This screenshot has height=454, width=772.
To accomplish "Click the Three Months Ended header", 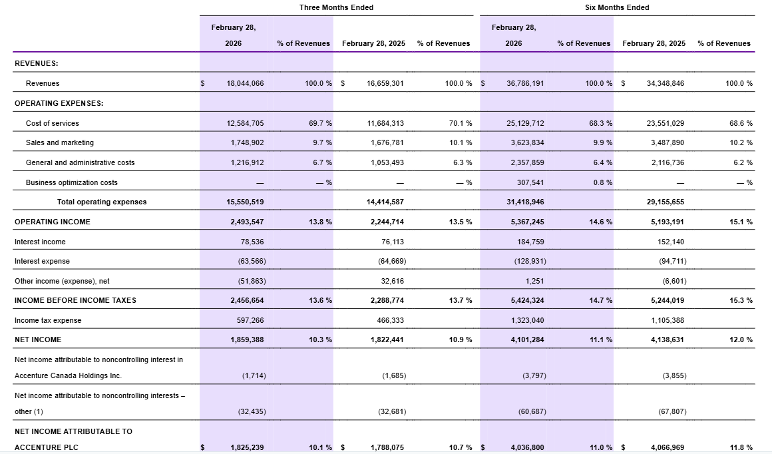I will [336, 7].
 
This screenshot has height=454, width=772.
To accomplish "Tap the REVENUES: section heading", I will [37, 63].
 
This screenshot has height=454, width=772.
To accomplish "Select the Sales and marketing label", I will [60, 142].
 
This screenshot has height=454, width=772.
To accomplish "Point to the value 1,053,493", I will [385, 162].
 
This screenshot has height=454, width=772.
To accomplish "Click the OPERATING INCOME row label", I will [53, 222].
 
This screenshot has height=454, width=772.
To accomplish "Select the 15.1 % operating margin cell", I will [741, 222].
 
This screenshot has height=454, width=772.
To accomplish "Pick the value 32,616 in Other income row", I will [391, 281].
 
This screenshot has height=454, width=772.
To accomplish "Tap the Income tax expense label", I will [48, 320].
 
